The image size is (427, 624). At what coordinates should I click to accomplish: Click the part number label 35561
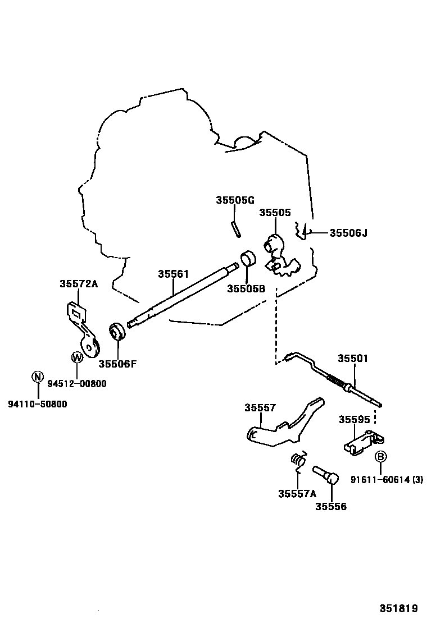click(x=172, y=274)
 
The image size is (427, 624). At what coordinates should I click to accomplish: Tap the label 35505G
click(x=235, y=200)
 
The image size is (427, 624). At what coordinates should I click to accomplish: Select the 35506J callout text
click(x=348, y=232)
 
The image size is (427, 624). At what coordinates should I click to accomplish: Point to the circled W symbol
click(x=76, y=357)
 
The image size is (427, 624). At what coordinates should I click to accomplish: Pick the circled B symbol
click(x=380, y=456)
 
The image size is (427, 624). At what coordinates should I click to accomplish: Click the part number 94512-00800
click(x=76, y=384)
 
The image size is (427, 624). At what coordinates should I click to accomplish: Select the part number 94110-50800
click(x=37, y=403)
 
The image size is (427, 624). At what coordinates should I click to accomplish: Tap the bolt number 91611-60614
click(x=379, y=479)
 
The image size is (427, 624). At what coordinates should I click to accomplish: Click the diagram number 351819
click(x=398, y=608)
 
